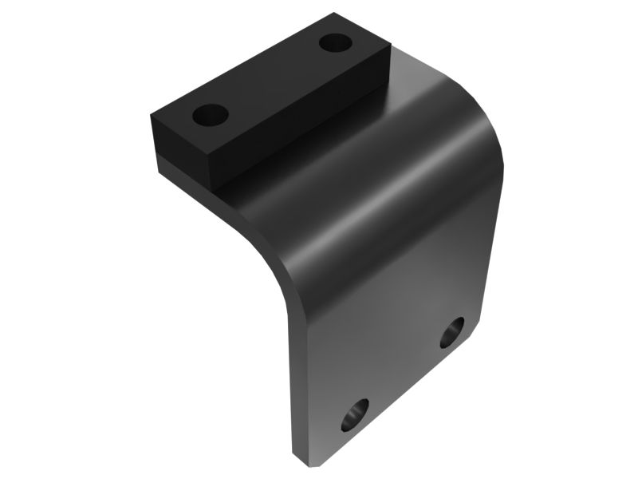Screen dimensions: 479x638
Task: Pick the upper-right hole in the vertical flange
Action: tap(452, 331)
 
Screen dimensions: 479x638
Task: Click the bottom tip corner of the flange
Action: tap(301, 461)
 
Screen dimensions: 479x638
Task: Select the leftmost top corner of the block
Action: tap(149, 120)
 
